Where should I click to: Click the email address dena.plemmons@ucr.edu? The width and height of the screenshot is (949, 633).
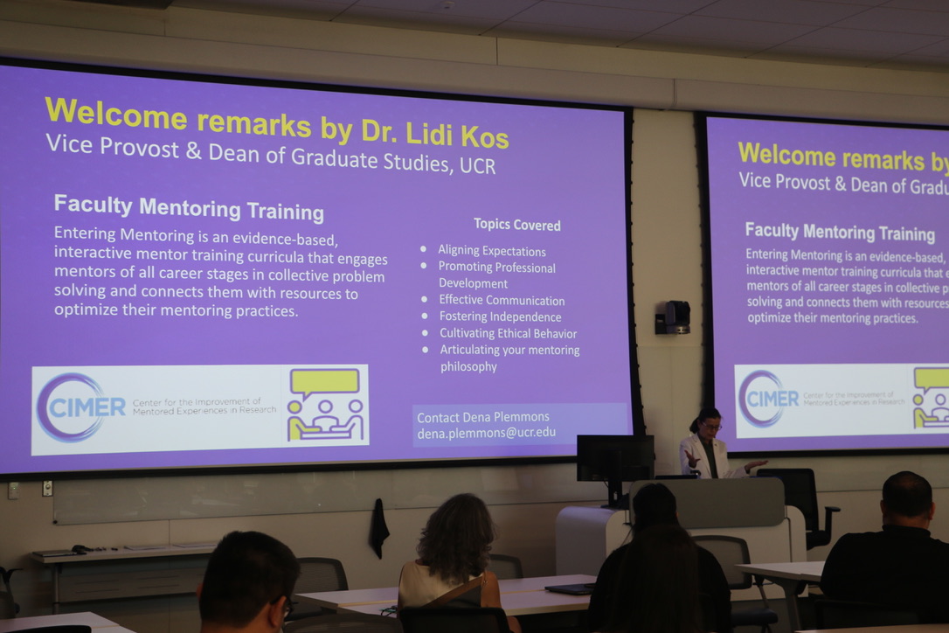click(x=486, y=433)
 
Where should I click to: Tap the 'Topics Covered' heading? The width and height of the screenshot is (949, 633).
click(x=516, y=225)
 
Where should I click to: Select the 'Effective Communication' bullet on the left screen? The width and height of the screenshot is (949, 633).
click(x=502, y=300)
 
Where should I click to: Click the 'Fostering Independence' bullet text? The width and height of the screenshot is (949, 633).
click(x=500, y=316)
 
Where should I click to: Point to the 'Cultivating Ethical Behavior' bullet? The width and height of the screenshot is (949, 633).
click(x=508, y=333)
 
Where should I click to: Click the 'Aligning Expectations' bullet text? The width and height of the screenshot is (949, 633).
click(x=491, y=251)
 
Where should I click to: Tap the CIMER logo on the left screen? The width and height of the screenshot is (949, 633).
click(x=80, y=407)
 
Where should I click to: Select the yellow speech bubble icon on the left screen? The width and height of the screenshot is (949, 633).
click(x=324, y=381)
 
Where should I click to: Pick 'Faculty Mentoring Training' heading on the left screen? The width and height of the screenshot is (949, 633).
click(x=189, y=208)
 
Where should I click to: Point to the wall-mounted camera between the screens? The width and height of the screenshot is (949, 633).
click(x=673, y=316)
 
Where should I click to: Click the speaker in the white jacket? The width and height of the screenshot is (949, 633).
click(x=708, y=445)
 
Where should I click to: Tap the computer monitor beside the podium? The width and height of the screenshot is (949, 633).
click(x=614, y=459)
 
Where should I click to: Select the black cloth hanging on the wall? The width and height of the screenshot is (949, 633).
click(x=379, y=527)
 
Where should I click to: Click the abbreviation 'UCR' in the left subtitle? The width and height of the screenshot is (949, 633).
click(x=477, y=165)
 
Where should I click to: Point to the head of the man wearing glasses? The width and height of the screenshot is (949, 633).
click(x=249, y=580)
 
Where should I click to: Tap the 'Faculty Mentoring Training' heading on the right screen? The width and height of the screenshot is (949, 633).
click(x=840, y=232)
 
